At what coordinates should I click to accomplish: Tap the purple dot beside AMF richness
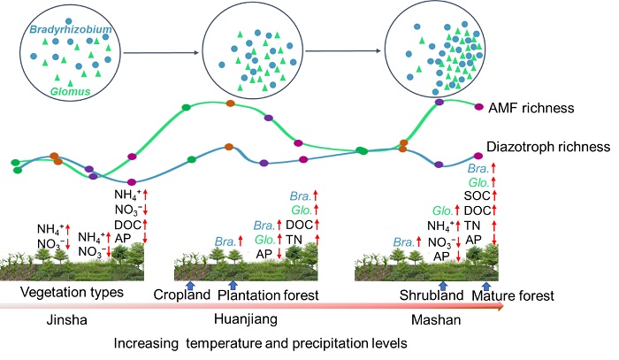(479, 107)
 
